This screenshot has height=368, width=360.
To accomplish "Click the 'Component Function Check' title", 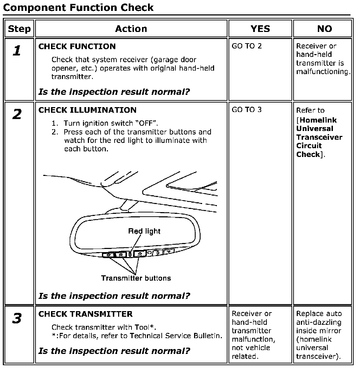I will pos(78,8).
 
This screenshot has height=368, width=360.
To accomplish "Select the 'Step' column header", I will pos(19,29).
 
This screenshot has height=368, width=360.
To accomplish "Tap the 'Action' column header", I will pos(131,29).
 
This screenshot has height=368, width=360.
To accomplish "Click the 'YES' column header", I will pos(260,29).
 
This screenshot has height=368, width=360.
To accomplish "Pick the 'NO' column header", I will pos(324,29).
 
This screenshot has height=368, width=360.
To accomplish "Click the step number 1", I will pos(17,51).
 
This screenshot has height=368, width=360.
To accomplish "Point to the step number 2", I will pos(17,114).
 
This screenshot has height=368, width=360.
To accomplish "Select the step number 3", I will pos(17,318).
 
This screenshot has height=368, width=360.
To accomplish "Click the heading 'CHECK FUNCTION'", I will pos(77,46).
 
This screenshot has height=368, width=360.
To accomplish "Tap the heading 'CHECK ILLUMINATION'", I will pos(87,110).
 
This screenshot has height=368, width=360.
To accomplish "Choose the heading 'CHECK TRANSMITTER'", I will pos(85,314).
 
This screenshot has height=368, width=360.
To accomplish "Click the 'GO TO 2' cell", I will pos(247,46).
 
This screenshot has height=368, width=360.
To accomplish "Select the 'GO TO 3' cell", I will pos(247,110).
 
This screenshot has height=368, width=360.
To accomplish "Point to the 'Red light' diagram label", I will pos(144,231).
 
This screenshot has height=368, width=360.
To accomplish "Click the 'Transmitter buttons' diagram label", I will pos(136,278).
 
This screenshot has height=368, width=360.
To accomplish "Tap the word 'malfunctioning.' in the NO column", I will pos(323,72).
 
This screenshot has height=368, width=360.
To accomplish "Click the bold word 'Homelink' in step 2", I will pos(316,120).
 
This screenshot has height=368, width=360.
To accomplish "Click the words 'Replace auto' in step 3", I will pos(319,314).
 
